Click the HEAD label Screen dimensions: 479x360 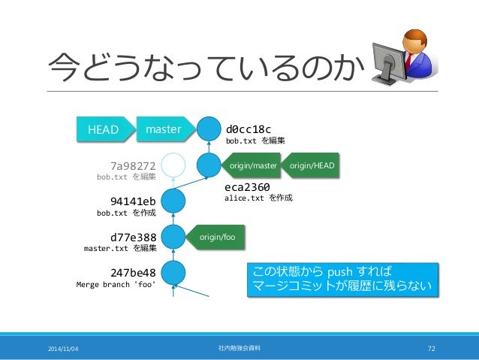coord(104,129)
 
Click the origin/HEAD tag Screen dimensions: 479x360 coord(312,165)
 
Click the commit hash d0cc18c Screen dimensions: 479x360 coord(249,127)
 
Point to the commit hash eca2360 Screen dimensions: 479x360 coord(247,187)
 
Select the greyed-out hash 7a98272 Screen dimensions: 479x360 coord(132,165)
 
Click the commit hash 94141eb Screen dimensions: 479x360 coord(132,201)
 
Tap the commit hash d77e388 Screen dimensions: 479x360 coord(132,237)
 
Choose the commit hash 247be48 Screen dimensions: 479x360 coord(132,272)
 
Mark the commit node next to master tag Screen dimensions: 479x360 coord(208,129)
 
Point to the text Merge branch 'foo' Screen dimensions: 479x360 coord(116,285)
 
